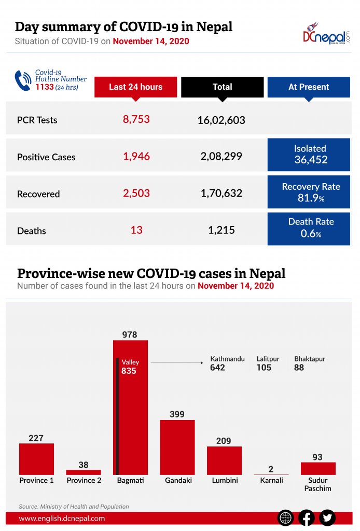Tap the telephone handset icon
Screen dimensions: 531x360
coord(23,80)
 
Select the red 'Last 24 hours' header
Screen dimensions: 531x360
coord(135,87)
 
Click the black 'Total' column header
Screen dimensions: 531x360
coord(222,87)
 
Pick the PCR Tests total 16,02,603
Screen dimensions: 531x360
coord(221,120)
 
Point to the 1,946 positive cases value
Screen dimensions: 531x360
coord(136,156)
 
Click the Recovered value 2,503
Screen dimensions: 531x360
coord(136,193)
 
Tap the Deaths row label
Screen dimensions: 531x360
coord(32,231)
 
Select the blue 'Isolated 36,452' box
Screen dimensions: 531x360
coord(309,155)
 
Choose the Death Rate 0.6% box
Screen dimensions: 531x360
coord(309,228)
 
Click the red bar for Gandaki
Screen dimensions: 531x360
coord(177,447)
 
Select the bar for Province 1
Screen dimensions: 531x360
coord(36,459)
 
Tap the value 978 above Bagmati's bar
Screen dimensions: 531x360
coord(130,335)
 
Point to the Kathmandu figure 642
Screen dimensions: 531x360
coord(217,368)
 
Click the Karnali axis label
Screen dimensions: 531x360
coord(271,480)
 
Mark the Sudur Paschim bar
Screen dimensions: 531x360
coord(318,468)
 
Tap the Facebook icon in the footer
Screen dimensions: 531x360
coord(306,518)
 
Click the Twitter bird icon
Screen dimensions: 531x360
coord(327,518)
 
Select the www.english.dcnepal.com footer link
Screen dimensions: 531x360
coord(62,518)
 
